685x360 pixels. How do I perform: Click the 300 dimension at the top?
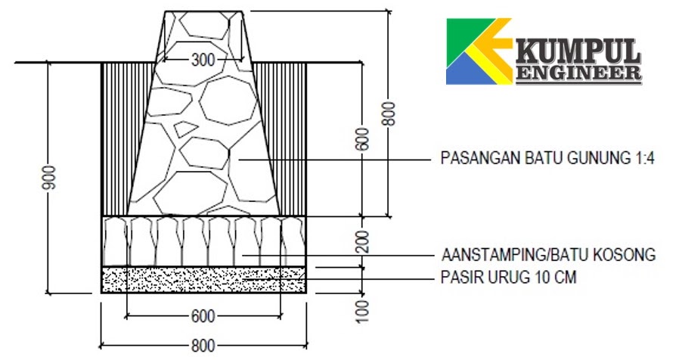(203, 59)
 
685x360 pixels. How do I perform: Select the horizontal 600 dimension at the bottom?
(203, 315)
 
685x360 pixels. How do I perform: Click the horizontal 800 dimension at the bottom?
(203, 346)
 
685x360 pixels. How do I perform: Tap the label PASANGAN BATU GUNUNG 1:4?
(547, 159)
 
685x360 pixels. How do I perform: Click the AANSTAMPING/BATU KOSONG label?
(547, 254)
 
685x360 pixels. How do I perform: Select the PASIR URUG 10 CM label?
(508, 278)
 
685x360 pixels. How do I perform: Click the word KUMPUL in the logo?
(578, 53)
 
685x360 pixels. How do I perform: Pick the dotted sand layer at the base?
(203, 279)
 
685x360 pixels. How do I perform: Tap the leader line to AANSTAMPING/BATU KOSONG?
(340, 255)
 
